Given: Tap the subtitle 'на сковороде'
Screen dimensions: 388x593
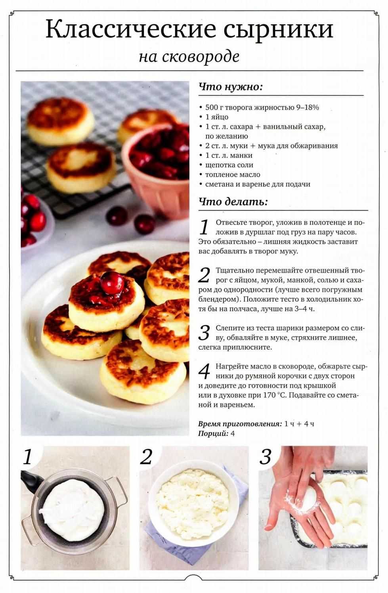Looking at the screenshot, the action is [x=189, y=57].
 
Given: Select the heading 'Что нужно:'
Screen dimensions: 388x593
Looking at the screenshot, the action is [x=230, y=87].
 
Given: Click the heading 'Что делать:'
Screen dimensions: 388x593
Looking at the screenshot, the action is [x=233, y=202].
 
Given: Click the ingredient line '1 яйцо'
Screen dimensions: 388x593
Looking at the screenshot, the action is [x=217, y=117].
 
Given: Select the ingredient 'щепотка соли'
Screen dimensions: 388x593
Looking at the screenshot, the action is [x=229, y=165].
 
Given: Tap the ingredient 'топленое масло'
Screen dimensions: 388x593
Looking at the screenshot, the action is [x=233, y=175].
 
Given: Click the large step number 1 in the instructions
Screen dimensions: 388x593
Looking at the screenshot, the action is [x=204, y=227].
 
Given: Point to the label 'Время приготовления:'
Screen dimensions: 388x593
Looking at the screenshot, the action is [x=240, y=424].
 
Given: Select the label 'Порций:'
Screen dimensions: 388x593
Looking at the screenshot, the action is [x=213, y=434].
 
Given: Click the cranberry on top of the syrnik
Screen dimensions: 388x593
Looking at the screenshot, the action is [x=112, y=282].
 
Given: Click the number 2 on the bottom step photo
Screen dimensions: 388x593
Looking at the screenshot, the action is [x=146, y=457].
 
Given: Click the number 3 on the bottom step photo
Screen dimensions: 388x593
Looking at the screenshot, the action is [x=265, y=457].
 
